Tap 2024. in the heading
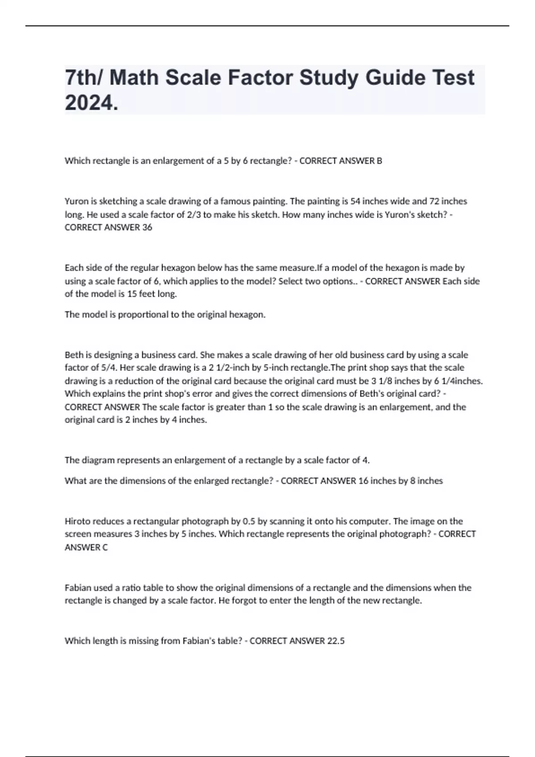coord(91,103)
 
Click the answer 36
coord(147,228)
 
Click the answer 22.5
coord(336,641)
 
